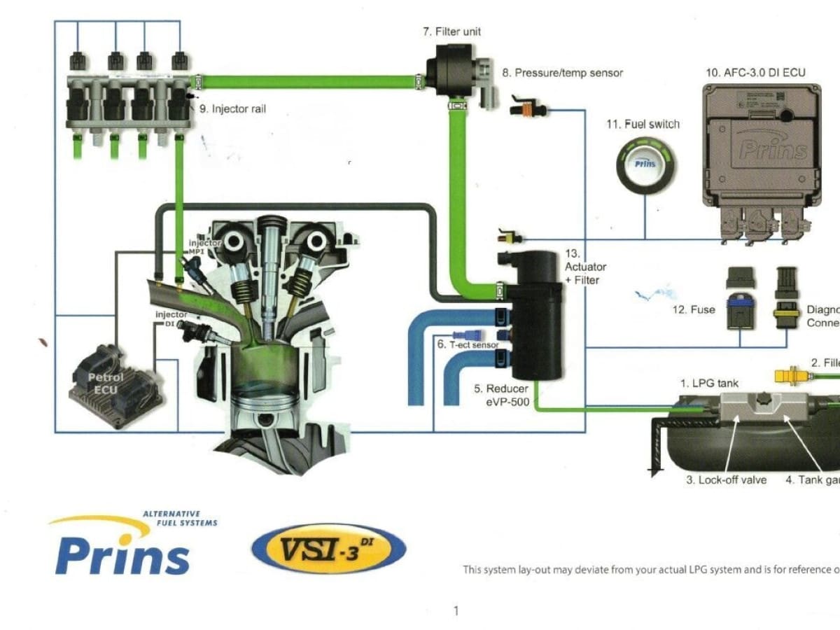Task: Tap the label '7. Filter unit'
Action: (451, 31)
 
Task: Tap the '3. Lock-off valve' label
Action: (726, 480)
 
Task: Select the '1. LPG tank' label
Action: (709, 383)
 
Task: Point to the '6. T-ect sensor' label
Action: (468, 345)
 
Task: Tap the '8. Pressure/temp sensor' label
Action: (562, 73)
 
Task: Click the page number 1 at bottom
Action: (456, 611)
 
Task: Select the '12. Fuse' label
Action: (694, 309)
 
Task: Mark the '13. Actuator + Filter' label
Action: (585, 267)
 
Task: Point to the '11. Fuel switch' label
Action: (643, 125)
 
